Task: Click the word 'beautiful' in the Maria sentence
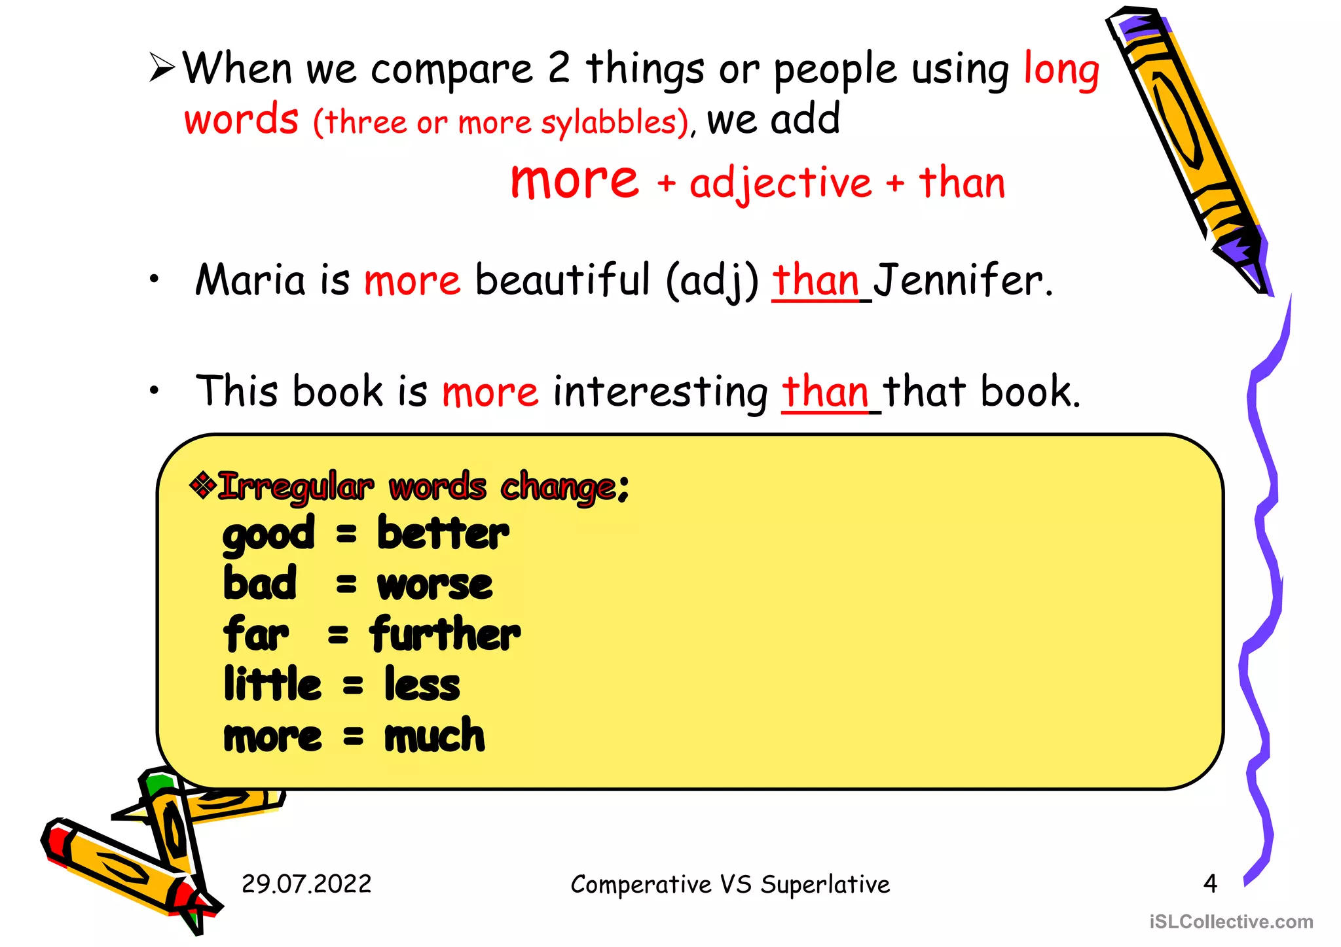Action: coord(562,280)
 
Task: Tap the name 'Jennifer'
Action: coord(959,280)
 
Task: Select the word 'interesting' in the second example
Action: coord(660,392)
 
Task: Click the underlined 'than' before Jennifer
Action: coord(816,280)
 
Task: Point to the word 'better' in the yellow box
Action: coord(443,533)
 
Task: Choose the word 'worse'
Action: coord(435,584)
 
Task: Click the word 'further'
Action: coord(445,634)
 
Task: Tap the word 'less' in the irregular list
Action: coord(422,685)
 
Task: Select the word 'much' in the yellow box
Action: coord(435,736)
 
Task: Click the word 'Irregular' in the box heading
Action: coord(296,487)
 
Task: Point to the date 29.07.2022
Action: coord(306,884)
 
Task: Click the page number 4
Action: coord(1210,884)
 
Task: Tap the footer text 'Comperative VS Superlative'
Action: coord(730,884)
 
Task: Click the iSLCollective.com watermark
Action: coord(1231,921)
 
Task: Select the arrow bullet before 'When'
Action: coord(162,67)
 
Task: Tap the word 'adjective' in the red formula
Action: coord(781,184)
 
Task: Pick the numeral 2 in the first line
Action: coord(559,67)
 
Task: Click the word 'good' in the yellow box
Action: coord(268,535)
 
